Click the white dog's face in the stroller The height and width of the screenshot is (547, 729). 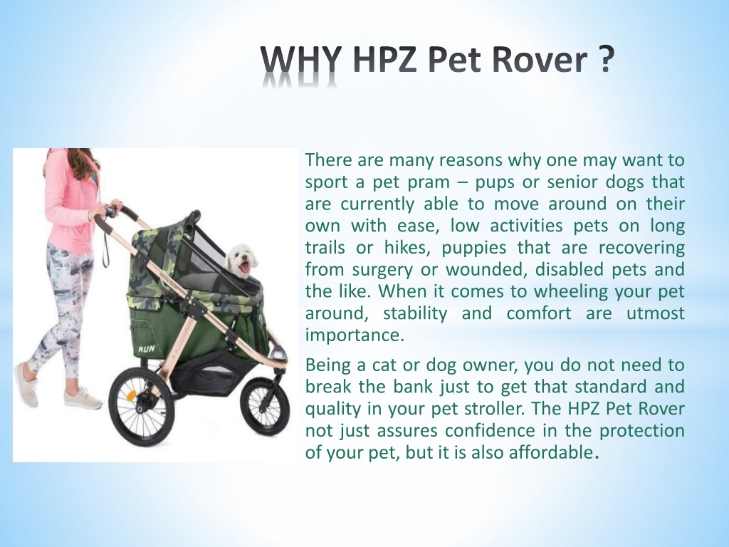click(x=242, y=261)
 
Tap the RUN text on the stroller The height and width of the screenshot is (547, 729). click(x=147, y=349)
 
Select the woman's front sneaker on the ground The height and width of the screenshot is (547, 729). click(x=83, y=399)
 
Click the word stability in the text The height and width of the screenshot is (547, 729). click(x=415, y=313)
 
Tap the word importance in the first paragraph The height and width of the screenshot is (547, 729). click(x=355, y=335)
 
